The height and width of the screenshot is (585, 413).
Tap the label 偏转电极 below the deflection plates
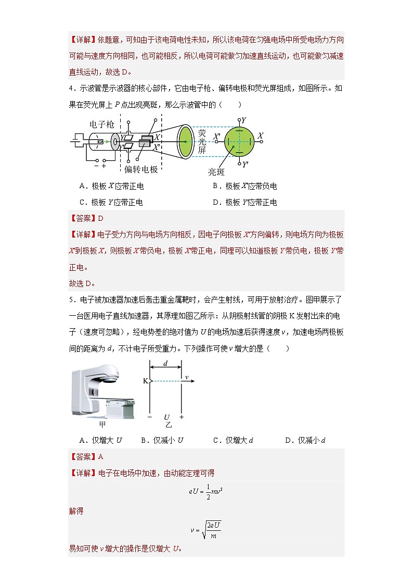[141, 169]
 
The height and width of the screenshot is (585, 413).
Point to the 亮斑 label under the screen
[217, 171]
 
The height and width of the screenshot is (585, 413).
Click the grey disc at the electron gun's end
[114, 141]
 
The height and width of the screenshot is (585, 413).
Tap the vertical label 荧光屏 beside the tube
[202, 141]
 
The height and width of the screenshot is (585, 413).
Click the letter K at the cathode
[145, 381]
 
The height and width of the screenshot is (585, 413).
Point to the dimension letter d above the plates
[165, 364]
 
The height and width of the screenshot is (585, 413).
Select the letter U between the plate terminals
[166, 417]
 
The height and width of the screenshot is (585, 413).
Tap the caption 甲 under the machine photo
[102, 425]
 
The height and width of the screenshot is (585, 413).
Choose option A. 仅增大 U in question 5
[100, 440]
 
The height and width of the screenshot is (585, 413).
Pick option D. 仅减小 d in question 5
[305, 440]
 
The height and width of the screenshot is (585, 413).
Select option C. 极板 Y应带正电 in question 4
[111, 202]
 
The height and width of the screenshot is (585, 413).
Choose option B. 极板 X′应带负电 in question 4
[244, 186]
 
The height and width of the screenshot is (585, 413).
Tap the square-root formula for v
[206, 530]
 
